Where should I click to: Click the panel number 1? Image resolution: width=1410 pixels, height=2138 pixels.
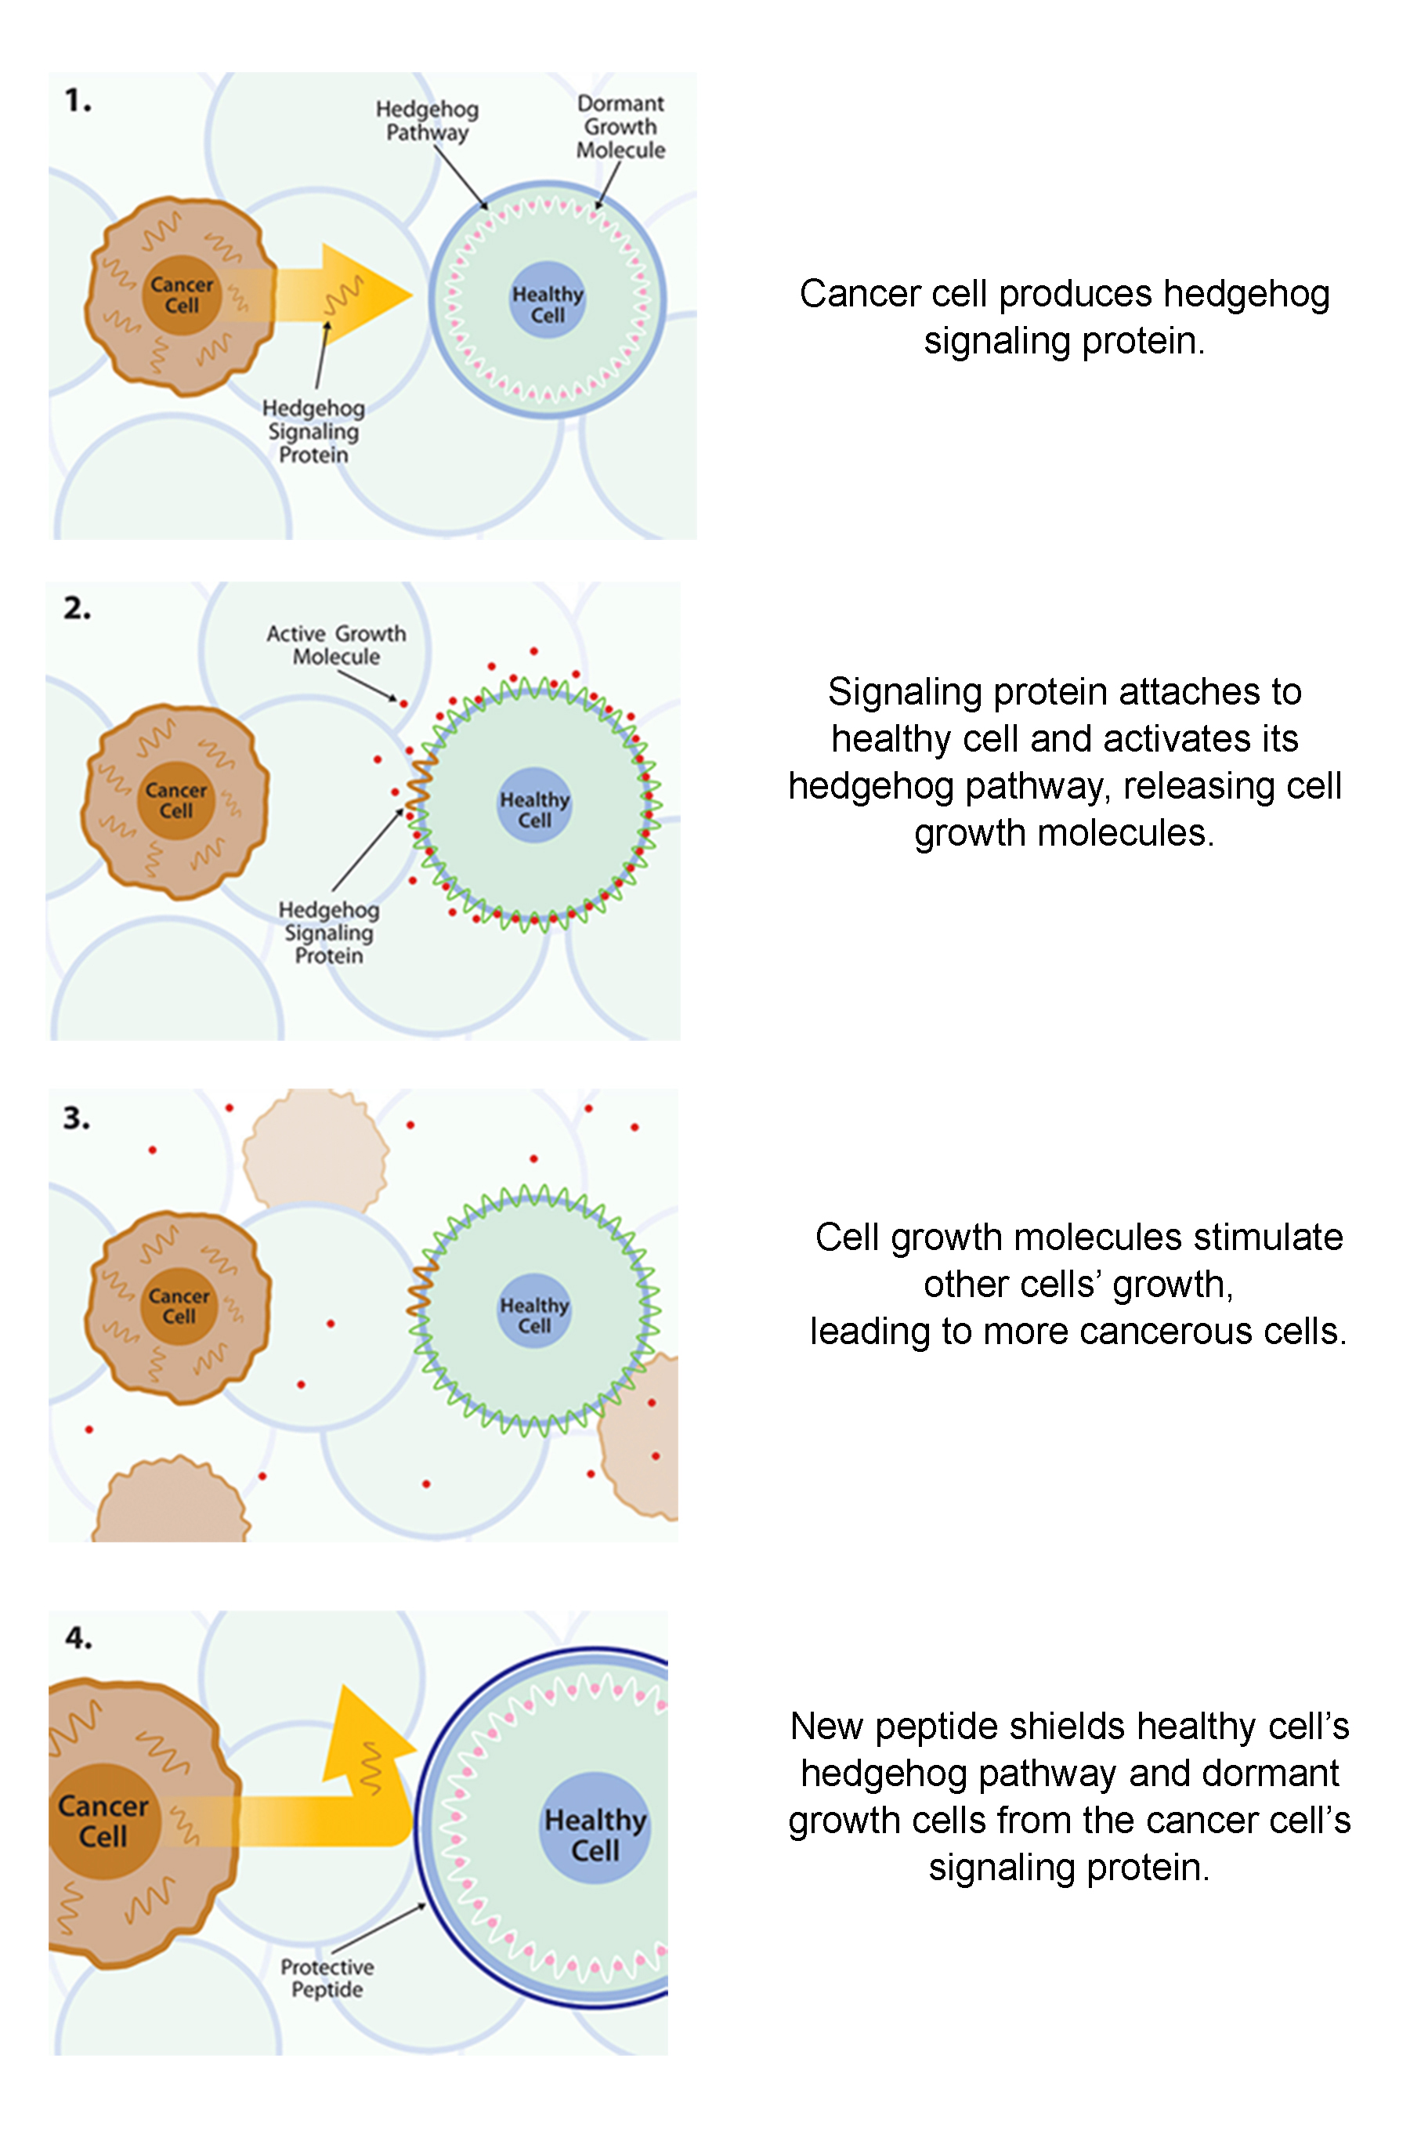(78, 100)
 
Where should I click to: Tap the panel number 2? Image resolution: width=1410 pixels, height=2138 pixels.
(78, 608)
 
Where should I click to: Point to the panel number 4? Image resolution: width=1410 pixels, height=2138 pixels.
(78, 1638)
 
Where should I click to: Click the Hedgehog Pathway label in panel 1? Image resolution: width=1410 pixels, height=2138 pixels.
(427, 121)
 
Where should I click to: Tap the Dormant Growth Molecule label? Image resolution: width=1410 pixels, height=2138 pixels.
(620, 127)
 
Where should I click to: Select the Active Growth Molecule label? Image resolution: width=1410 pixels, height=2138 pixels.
(336, 645)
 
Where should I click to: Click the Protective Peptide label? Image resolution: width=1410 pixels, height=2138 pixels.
(327, 1978)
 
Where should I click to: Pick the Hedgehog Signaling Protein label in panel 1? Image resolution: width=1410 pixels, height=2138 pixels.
(314, 432)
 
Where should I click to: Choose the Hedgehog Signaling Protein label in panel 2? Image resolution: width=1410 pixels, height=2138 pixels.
(329, 933)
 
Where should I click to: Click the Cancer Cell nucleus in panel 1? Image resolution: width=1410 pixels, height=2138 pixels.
(182, 295)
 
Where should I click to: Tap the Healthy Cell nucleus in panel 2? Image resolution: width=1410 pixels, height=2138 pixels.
(535, 805)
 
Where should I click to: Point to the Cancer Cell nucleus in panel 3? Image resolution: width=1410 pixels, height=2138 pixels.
(179, 1306)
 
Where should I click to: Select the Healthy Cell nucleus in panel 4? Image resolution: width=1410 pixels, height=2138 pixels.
(595, 1828)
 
